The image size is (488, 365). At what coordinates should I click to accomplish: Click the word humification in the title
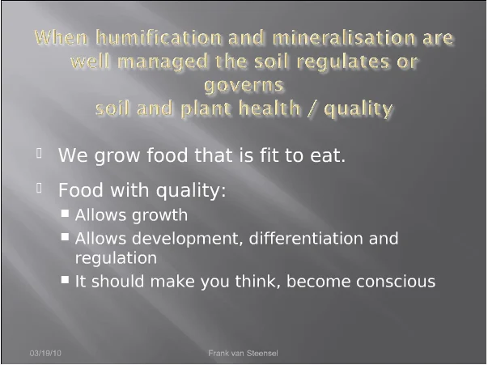click(159, 37)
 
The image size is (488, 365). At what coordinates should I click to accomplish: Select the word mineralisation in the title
click(344, 37)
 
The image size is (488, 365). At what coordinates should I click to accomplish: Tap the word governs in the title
click(244, 86)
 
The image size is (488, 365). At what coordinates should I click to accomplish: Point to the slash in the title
click(312, 108)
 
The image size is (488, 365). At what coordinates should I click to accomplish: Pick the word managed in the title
click(163, 62)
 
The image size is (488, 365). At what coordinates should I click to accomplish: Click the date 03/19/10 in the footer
click(45, 353)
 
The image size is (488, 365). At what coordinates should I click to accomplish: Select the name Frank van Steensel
click(243, 353)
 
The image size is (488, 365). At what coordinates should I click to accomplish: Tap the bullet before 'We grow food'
click(39, 153)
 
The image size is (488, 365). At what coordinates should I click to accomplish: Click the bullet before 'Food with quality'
click(39, 188)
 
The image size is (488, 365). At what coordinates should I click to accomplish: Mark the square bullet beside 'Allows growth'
click(65, 213)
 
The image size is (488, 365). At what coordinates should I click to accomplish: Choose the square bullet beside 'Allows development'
click(65, 237)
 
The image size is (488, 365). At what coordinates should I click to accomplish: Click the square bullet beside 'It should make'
click(65, 279)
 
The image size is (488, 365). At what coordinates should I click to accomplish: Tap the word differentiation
click(306, 239)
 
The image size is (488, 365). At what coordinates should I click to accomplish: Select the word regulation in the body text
click(116, 258)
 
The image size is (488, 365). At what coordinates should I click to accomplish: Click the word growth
click(159, 215)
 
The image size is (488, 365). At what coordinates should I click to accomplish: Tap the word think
click(257, 281)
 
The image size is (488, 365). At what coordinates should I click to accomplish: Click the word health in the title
click(269, 108)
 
